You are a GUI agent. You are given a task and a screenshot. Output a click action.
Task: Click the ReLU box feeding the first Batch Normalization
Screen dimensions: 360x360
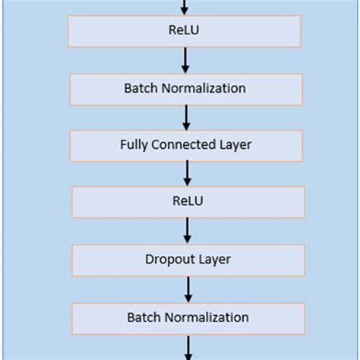click(185, 31)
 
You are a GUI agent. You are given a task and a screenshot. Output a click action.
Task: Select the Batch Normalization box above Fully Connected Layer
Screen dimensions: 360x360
click(185, 88)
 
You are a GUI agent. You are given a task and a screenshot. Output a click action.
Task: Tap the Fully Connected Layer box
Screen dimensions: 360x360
click(185, 144)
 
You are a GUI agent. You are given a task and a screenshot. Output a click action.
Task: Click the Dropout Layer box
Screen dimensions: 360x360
click(188, 260)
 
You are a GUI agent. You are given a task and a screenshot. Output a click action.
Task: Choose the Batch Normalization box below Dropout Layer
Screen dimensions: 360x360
click(188, 317)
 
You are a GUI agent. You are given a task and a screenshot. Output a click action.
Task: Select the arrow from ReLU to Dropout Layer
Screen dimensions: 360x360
click(188, 231)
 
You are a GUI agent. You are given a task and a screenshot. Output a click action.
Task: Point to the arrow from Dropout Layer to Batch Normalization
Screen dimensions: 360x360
click(188, 289)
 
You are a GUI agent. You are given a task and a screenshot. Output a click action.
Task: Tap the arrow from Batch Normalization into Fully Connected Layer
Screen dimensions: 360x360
click(185, 116)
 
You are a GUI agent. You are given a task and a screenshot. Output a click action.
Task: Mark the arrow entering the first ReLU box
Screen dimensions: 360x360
click(184, 7)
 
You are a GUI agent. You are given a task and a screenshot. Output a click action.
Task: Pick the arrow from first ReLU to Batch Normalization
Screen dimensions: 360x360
click(185, 59)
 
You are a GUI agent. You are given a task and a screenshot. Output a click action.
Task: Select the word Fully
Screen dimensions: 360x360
click(134, 144)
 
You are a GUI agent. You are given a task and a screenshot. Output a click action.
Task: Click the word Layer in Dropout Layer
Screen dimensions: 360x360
click(215, 260)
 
